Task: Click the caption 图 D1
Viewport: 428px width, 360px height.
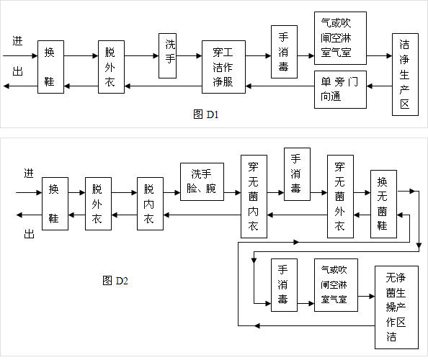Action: click(206, 114)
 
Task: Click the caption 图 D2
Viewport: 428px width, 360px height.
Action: click(115, 280)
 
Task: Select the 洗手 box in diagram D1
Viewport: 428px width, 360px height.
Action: click(168, 55)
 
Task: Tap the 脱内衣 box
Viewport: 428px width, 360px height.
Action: click(150, 204)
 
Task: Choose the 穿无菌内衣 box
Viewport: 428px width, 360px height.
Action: click(254, 197)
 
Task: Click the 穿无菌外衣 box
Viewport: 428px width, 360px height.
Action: click(340, 197)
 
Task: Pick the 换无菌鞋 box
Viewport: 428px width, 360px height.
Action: click(383, 204)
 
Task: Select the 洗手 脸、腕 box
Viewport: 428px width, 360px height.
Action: click(202, 181)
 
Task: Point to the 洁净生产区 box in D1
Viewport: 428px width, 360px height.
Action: click(405, 74)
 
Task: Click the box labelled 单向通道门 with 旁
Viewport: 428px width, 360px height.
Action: click(340, 89)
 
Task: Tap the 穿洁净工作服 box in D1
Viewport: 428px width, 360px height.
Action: click(223, 67)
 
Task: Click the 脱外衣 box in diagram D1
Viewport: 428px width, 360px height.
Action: click(111, 67)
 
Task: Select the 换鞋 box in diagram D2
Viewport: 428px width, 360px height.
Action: click(55, 204)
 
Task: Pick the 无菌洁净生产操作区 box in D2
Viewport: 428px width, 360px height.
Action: click(396, 307)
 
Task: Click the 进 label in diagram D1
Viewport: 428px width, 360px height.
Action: click(17, 41)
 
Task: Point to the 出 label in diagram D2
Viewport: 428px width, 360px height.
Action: click(29, 234)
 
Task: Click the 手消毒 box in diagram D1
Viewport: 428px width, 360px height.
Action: click(284, 52)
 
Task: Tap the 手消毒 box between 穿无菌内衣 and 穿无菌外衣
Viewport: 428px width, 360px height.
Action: click(297, 174)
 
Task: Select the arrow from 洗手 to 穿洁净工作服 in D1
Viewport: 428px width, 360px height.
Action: click(189, 56)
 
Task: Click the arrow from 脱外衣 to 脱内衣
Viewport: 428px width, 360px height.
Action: click(124, 192)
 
